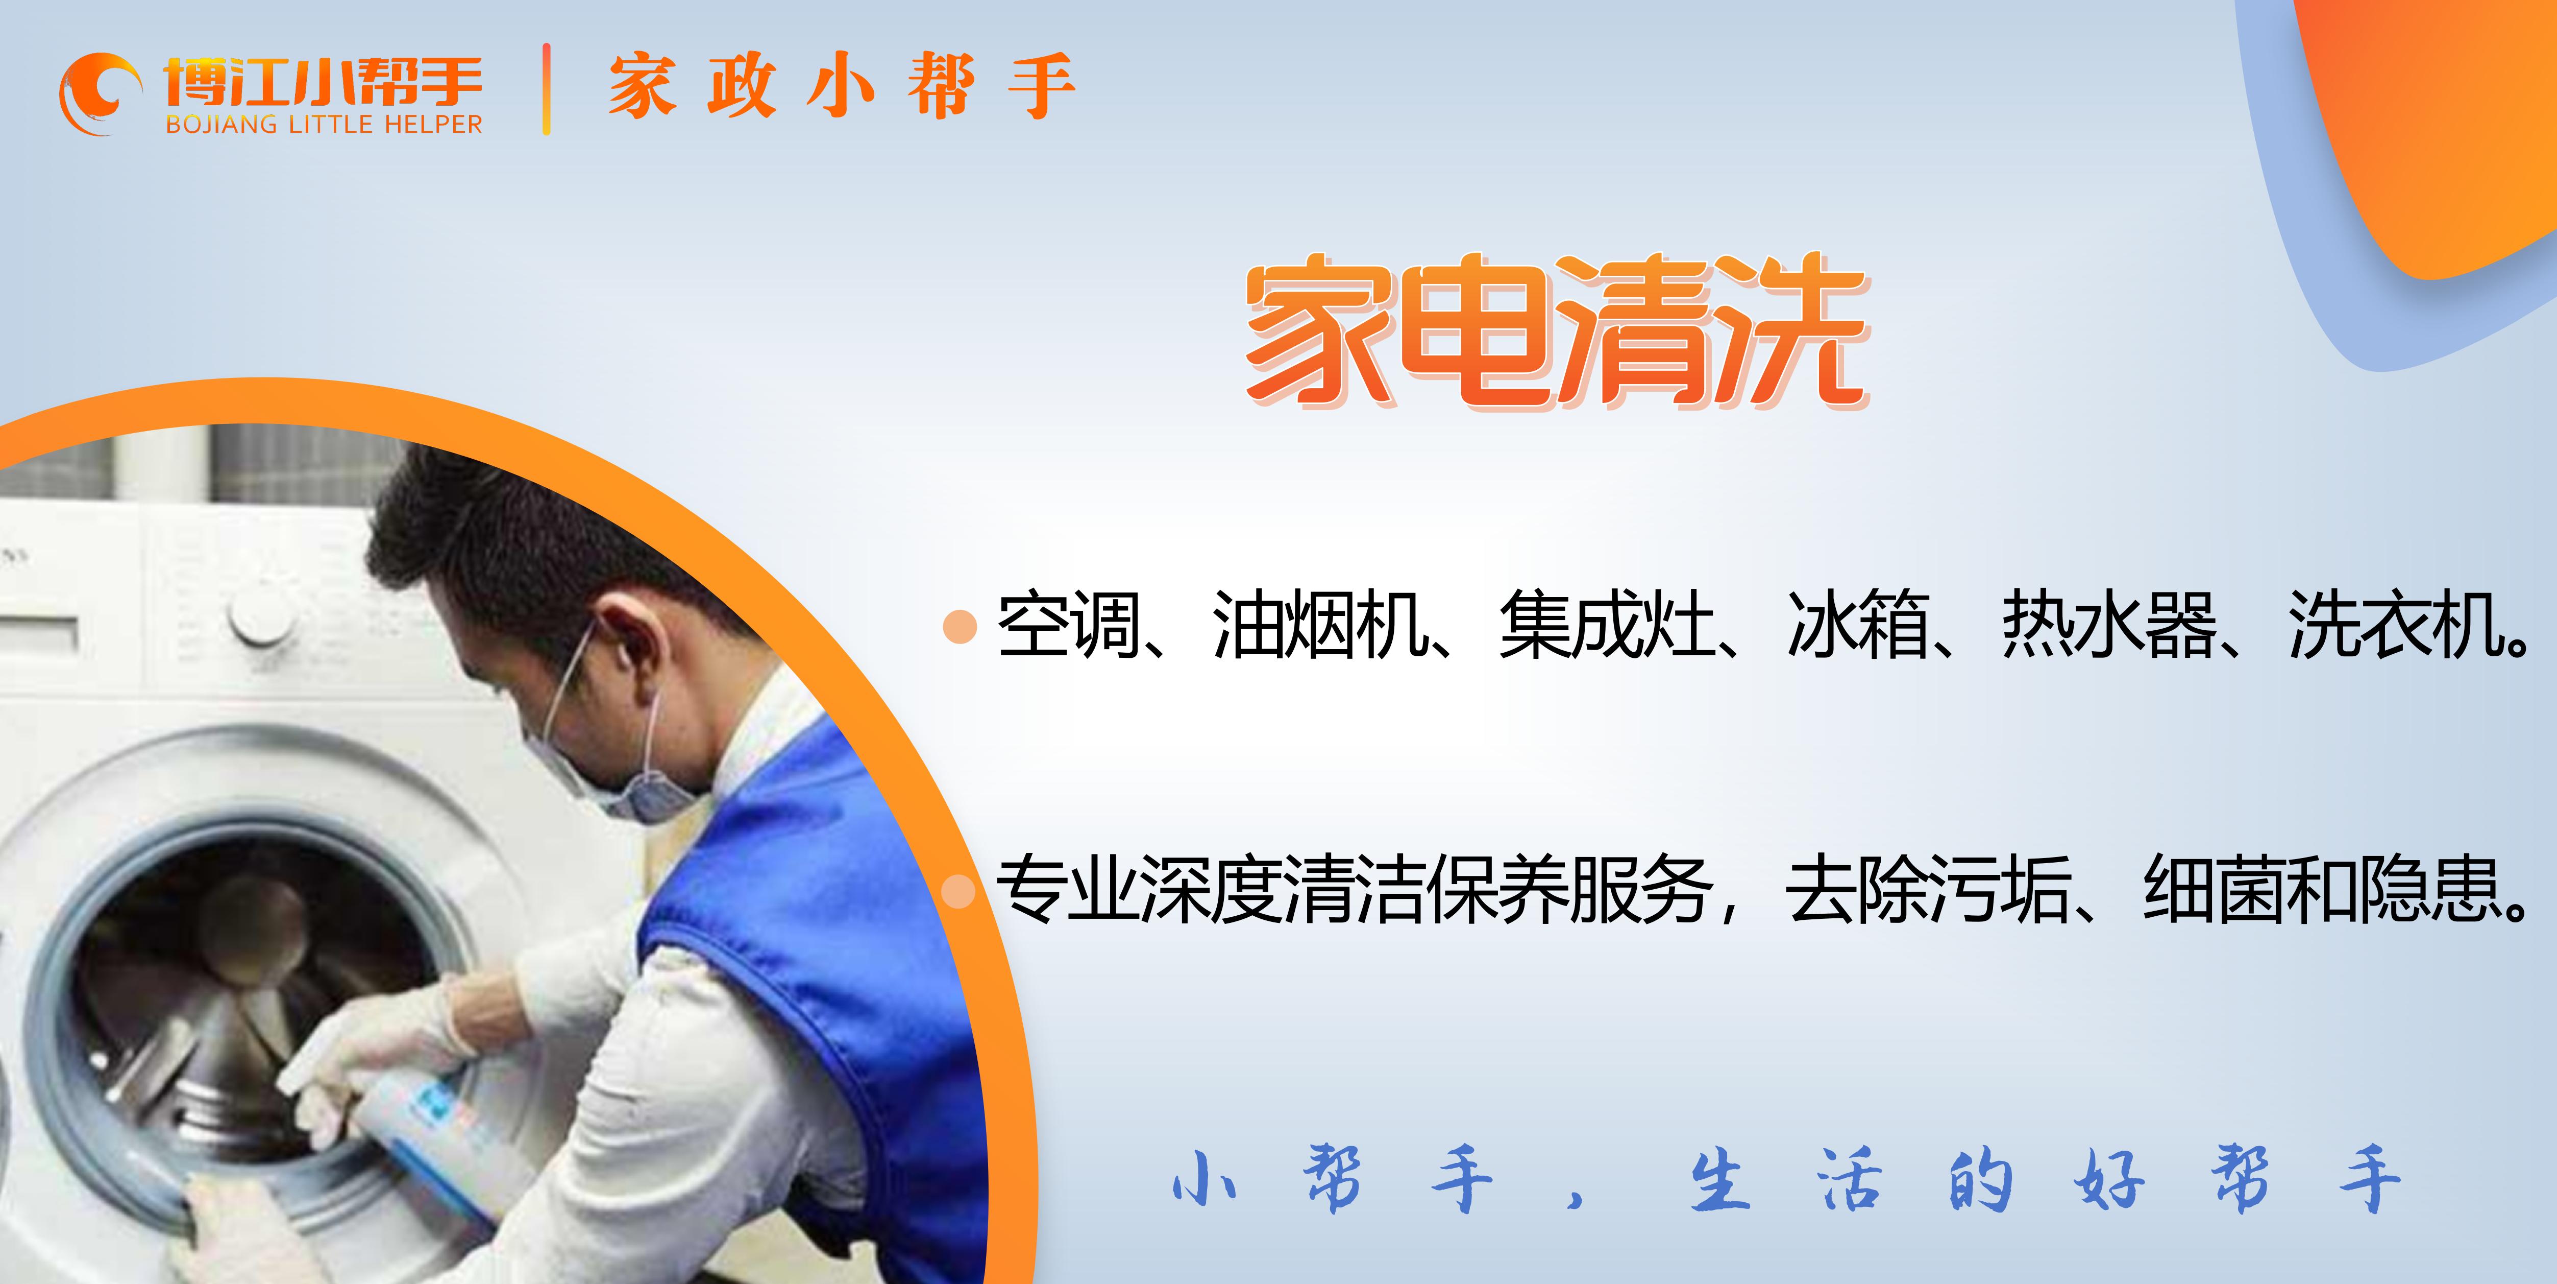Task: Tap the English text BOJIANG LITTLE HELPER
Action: [x=324, y=124]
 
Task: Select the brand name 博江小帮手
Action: [x=324, y=80]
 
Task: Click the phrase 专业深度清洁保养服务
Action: [x=1355, y=889]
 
